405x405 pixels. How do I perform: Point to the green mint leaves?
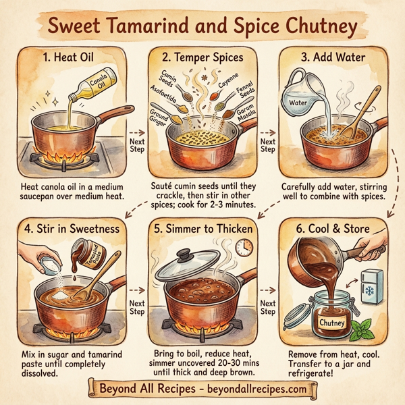pyautogui.click(x=364, y=331)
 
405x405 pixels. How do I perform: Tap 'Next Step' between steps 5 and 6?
pyautogui.click(x=268, y=308)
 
